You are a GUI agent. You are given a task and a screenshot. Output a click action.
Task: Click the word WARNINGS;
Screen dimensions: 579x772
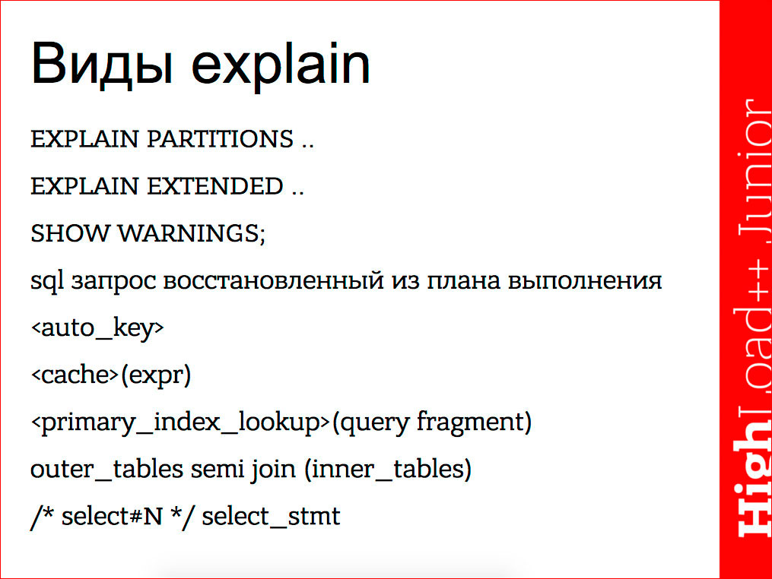pyautogui.click(x=191, y=233)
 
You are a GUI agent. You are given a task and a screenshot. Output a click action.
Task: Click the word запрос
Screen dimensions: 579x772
pyautogui.click(x=116, y=282)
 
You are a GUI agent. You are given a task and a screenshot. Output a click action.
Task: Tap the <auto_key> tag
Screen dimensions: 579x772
pyautogui.click(x=97, y=329)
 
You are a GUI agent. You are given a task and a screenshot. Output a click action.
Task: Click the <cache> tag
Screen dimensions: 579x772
pyautogui.click(x=75, y=375)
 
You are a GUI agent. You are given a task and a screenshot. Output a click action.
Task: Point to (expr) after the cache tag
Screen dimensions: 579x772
pyautogui.click(x=155, y=375)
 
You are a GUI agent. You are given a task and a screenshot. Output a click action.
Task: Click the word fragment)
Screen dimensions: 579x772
pyautogui.click(x=473, y=422)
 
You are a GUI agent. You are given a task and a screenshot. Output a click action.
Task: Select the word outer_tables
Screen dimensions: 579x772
pyautogui.click(x=103, y=470)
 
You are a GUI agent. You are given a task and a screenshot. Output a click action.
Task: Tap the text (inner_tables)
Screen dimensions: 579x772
pyautogui.click(x=387, y=470)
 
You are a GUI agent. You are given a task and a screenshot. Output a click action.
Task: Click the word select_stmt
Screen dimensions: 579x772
pyautogui.click(x=271, y=517)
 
